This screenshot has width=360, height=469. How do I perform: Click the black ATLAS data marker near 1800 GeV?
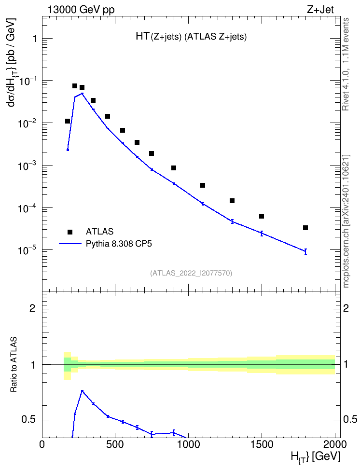(x=305, y=228)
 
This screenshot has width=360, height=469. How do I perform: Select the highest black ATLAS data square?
(x=75, y=86)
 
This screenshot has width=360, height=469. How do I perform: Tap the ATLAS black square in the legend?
(x=70, y=232)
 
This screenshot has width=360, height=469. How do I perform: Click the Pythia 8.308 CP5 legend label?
(x=119, y=244)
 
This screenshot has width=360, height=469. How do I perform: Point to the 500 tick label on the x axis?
(x=115, y=444)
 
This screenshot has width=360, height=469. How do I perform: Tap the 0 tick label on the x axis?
(x=42, y=444)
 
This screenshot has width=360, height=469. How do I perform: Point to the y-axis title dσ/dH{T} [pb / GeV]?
(x=12, y=62)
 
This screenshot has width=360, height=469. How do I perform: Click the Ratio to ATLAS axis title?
(x=14, y=365)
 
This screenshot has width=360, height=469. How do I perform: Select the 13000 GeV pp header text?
(x=81, y=10)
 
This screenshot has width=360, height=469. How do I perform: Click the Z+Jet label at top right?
(x=320, y=10)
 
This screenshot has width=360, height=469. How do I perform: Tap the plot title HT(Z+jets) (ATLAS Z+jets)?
(x=191, y=37)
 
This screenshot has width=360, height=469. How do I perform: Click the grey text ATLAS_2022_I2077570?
(x=191, y=273)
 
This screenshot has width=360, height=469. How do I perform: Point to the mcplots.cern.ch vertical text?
(x=346, y=221)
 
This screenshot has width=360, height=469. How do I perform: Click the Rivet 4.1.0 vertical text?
(x=346, y=64)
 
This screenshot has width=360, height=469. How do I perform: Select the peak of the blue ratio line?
(x=83, y=391)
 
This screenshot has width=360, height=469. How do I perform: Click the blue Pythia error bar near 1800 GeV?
(x=305, y=251)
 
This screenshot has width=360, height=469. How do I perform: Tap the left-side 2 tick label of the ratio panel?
(x=32, y=308)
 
